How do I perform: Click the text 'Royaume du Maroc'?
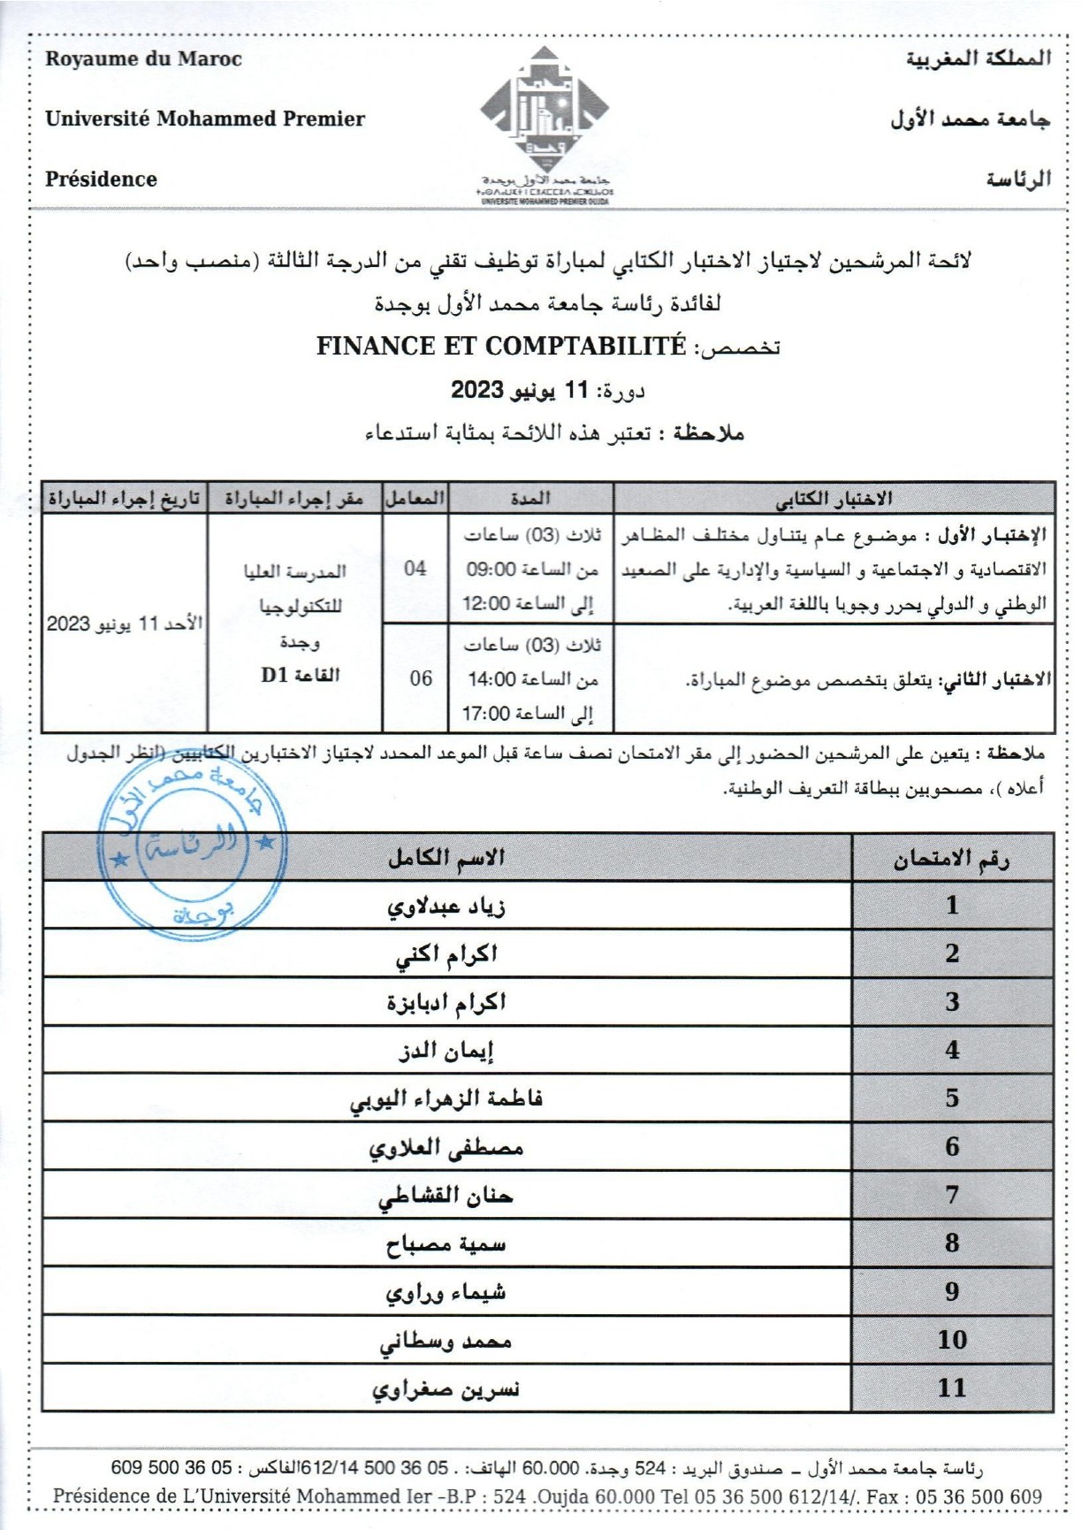tap(143, 59)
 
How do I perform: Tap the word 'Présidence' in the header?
tap(101, 179)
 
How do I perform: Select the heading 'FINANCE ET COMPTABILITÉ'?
tap(501, 346)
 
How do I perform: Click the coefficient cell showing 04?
tap(415, 568)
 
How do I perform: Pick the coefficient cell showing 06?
tap(421, 678)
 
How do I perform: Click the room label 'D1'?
tap(274, 676)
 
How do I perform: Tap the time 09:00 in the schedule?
tap(491, 570)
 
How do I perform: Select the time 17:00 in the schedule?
tap(486, 713)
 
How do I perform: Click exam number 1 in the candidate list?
tap(952, 905)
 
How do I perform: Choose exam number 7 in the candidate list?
tap(952, 1195)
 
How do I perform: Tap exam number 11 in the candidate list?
tap(952, 1388)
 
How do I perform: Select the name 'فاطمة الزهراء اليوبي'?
tap(446, 1099)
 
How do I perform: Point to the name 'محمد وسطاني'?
tap(446, 1341)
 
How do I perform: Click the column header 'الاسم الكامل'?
tap(446, 857)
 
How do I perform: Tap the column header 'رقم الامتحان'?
tap(952, 858)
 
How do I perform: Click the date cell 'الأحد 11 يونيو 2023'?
tap(125, 623)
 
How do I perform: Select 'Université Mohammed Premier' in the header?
tap(205, 119)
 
